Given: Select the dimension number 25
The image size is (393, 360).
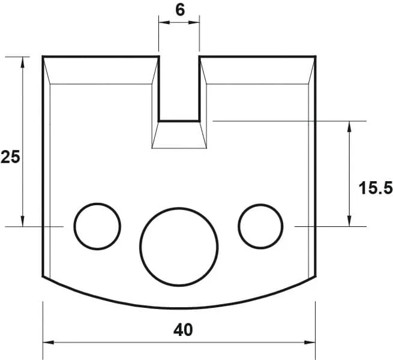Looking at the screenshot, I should coord(10,157).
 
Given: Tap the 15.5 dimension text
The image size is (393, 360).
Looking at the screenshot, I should coord(376,188).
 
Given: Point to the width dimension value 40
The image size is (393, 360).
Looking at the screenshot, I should coord(179,329).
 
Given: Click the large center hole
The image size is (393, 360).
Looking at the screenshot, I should coord(179,247).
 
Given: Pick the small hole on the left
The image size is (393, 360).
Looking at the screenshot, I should coord(97,226).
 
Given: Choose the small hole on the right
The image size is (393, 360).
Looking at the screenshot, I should coord(260,226).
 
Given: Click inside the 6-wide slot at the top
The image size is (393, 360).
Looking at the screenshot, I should coord(179,87).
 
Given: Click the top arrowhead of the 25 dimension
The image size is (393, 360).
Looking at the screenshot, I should coord(23,61).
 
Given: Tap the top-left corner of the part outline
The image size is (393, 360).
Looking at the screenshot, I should coord(43,57).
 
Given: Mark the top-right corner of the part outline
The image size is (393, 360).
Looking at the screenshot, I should coord(315,57).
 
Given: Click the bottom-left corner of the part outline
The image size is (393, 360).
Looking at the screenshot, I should coord(43,277).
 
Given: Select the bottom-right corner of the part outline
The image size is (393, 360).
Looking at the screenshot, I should coord(315,277).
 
